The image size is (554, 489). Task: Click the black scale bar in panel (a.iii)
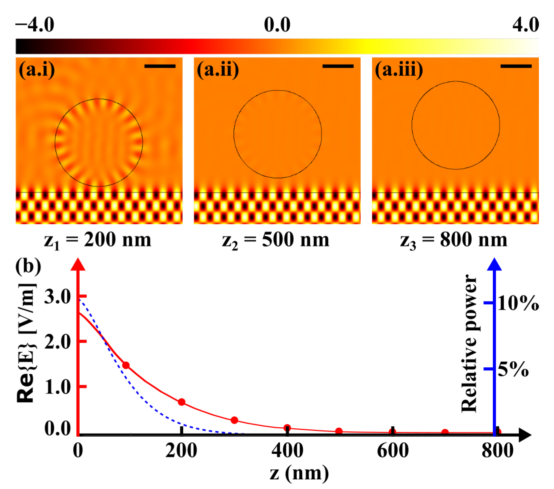[516, 66]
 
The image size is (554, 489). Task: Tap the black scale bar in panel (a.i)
[160, 66]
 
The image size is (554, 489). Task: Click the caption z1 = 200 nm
[98, 240]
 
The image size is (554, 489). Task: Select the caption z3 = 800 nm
[454, 240]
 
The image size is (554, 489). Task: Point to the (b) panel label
[28, 266]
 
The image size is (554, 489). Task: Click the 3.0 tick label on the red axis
[58, 296]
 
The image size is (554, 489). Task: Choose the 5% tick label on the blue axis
[513, 369]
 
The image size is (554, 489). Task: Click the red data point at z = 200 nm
[182, 402]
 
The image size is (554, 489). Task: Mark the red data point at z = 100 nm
[126, 365]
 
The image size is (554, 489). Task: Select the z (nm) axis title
[299, 473]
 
